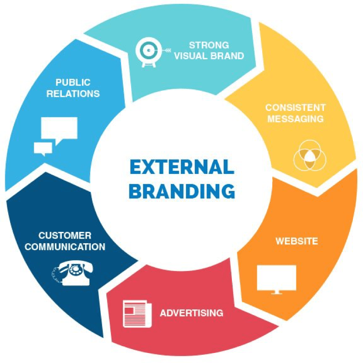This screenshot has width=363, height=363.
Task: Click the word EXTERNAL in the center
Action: [181, 168]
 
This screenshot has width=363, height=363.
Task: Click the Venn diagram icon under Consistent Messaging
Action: [310, 156]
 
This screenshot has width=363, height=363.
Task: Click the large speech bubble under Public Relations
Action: [59, 129]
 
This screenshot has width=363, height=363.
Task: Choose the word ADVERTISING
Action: [191, 313]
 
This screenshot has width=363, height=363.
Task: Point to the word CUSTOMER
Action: [65, 236]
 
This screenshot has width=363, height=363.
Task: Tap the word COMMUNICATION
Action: [65, 247]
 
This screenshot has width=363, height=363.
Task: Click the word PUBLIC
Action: [73, 82]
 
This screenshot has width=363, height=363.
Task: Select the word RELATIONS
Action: [73, 93]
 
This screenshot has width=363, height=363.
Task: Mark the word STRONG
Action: [209, 45]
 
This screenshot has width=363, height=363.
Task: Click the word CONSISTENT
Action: [295, 107]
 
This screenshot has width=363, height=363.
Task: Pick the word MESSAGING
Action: [295, 119]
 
